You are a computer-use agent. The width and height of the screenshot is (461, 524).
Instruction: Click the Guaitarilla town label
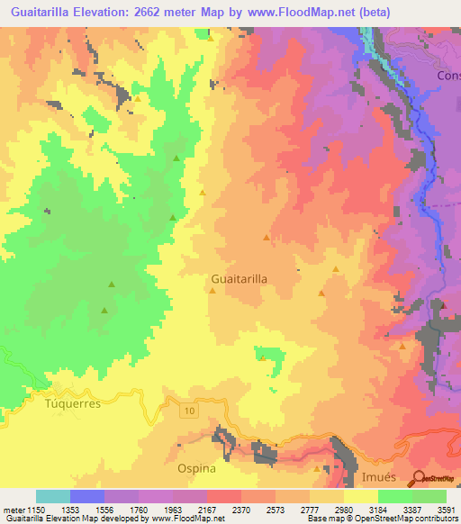pyautogui.click(x=239, y=279)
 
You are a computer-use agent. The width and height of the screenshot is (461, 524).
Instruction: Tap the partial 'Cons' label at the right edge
pyautogui.click(x=448, y=76)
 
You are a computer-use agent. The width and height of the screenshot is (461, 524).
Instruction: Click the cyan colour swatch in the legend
pyautogui.click(x=52, y=496)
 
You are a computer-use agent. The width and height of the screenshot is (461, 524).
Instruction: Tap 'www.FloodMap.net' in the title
pyautogui.click(x=339, y=13)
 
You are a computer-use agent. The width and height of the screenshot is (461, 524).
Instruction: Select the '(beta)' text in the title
pyautogui.click(x=431, y=13)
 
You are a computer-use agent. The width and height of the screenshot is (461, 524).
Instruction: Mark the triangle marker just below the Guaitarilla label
pyautogui.click(x=212, y=291)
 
